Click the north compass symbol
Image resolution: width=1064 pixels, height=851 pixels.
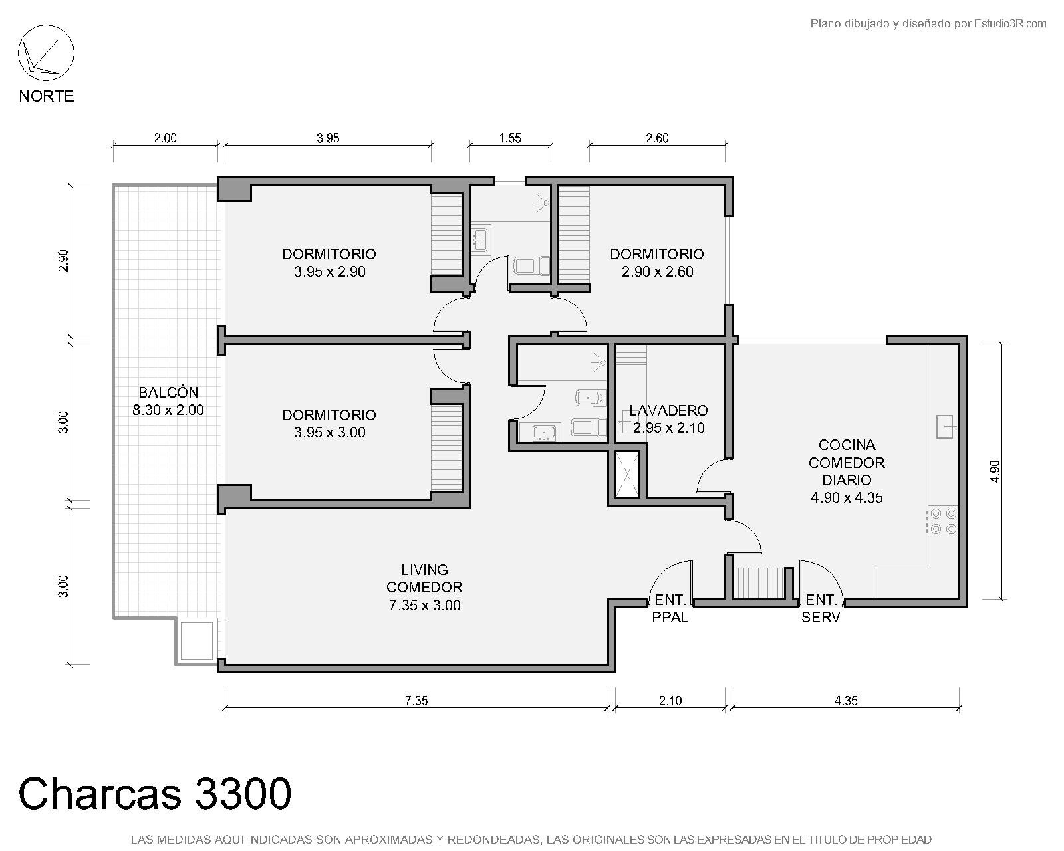click(x=46, y=53)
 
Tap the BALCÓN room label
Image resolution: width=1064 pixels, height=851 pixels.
click(x=168, y=392)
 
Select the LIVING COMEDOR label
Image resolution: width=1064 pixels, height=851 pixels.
click(x=424, y=578)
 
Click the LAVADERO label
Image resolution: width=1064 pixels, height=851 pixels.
click(x=668, y=410)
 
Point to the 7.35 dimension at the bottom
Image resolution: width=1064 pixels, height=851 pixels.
click(x=416, y=701)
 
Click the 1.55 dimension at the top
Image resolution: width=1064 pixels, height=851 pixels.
click(x=510, y=138)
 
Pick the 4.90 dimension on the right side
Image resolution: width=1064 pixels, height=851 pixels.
click(x=995, y=471)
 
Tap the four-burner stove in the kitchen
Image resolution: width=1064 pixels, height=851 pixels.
click(x=943, y=522)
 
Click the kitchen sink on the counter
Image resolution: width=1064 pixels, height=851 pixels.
click(x=945, y=427)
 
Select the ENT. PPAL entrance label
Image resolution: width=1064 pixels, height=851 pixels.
click(x=670, y=609)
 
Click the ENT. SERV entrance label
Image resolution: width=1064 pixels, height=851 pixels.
click(x=821, y=609)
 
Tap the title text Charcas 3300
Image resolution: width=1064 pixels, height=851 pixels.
click(x=155, y=794)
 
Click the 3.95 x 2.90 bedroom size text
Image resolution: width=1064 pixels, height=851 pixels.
click(x=330, y=271)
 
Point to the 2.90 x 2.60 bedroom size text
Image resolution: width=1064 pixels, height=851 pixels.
click(x=658, y=271)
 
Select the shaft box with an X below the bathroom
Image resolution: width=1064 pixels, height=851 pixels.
click(x=627, y=475)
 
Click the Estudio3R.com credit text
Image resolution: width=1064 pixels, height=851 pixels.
click(x=1010, y=23)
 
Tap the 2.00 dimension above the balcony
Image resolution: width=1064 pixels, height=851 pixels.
click(x=165, y=138)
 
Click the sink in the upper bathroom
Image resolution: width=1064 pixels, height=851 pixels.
click(x=480, y=239)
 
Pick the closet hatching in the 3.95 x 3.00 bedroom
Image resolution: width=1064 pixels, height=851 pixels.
click(x=446, y=447)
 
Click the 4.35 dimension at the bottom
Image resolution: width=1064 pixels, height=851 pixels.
click(x=846, y=701)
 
